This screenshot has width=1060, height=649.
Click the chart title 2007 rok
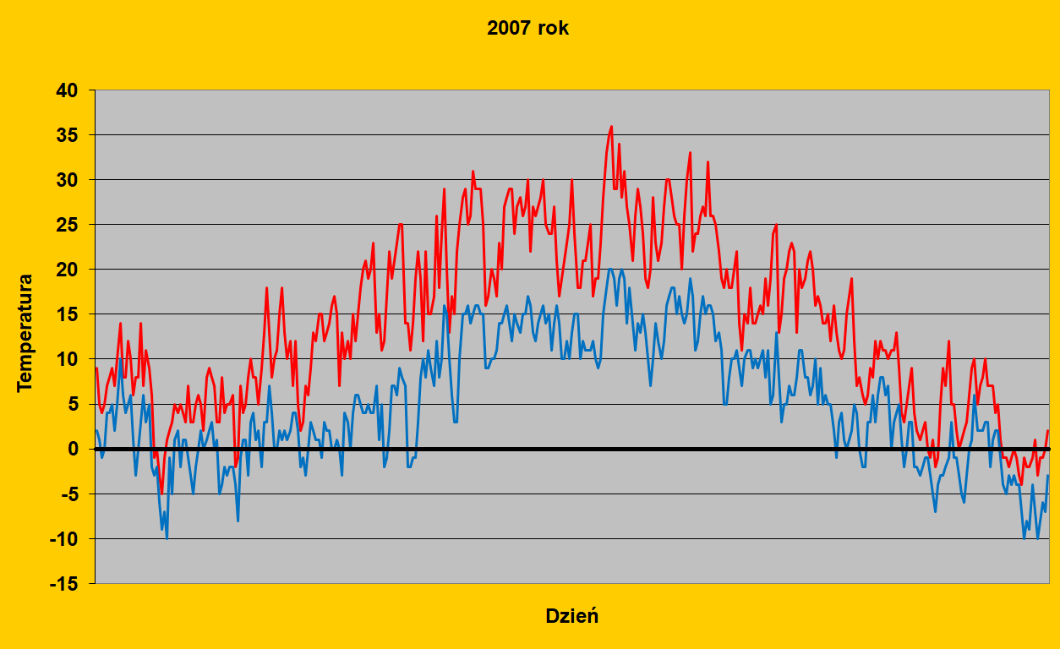[528, 28]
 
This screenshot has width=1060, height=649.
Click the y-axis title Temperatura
[25, 332]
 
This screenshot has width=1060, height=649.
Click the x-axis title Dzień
[571, 615]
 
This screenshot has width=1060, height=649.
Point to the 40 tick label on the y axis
[66, 90]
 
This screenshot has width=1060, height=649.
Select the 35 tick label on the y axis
[66, 135]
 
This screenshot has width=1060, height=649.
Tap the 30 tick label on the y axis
[66, 180]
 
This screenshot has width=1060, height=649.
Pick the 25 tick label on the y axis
[66, 225]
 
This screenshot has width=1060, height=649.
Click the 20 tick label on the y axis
[66, 270]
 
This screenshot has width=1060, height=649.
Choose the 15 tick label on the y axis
[66, 314]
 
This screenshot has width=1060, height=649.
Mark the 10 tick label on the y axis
[66, 359]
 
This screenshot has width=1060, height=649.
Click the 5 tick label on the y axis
[72, 404]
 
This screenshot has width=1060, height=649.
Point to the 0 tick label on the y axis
[72, 449]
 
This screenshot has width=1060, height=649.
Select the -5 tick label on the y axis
[68, 494]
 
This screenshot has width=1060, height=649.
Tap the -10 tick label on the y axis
[63, 538]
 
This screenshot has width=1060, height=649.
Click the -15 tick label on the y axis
[63, 583]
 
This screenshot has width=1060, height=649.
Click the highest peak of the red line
[611, 127]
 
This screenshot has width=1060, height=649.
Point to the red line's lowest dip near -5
[161, 493]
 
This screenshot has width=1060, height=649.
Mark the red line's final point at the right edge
[1047, 431]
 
